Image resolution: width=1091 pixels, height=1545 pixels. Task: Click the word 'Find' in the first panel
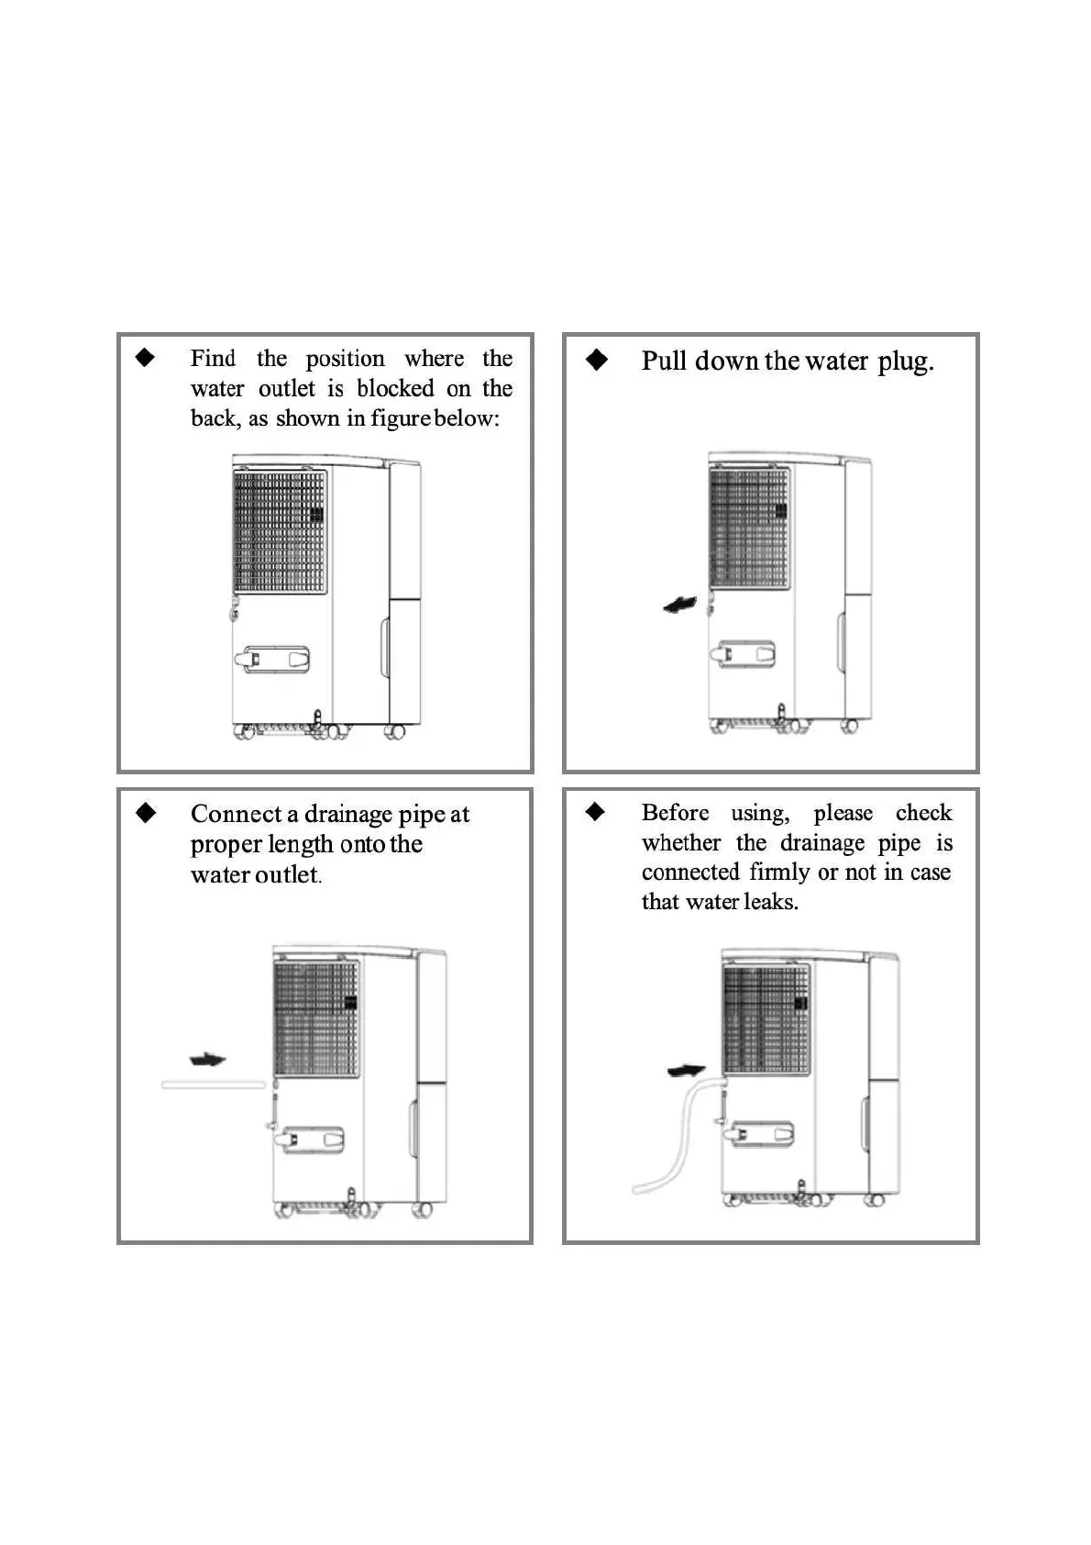[x=213, y=358]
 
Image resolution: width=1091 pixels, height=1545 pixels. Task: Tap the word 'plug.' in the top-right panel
[x=905, y=361]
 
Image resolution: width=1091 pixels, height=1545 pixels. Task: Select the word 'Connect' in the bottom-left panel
[x=236, y=814]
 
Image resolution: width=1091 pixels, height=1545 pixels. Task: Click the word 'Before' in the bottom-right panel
[x=675, y=813]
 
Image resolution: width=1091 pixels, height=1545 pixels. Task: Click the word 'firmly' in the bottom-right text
[x=779, y=872]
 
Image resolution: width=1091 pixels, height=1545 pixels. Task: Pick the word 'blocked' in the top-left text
[x=395, y=388]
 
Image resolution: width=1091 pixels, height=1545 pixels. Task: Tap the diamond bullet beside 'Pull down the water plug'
[x=597, y=360]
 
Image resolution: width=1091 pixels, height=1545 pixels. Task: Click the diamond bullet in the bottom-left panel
[x=146, y=813]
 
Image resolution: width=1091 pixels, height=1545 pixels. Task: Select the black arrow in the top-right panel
[x=679, y=605]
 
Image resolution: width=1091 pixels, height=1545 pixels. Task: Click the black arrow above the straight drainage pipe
[x=207, y=1060]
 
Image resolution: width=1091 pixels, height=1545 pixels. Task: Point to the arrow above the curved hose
[x=686, y=1070]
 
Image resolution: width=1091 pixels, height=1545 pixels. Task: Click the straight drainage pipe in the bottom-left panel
[x=214, y=1084]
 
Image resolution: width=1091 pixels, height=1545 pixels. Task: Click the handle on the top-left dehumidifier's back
[x=273, y=659]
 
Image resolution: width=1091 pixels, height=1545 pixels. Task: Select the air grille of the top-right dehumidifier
[x=749, y=528]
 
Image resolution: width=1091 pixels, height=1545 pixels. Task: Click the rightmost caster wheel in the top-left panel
[x=395, y=731]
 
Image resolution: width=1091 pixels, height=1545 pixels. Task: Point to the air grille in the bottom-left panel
[x=316, y=1018]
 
